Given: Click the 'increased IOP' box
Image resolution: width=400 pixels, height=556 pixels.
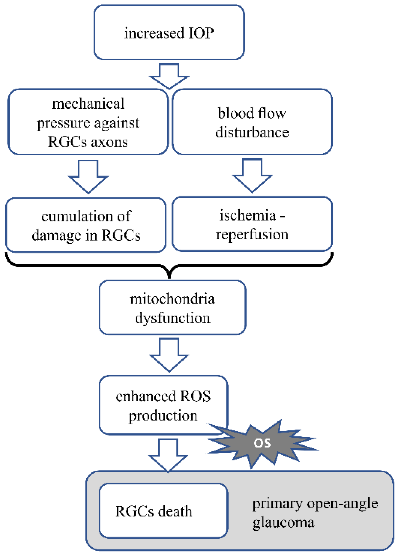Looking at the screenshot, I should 169,32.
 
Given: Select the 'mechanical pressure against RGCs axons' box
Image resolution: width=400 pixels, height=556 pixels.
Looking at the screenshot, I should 88,122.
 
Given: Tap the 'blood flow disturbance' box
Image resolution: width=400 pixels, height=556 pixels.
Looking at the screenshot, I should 252,122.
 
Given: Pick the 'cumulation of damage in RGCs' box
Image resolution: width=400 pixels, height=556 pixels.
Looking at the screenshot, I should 86,225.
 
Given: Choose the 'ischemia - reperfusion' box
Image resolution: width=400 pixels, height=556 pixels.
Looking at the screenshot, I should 252,224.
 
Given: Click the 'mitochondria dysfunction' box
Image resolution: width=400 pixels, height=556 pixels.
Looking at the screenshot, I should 172,308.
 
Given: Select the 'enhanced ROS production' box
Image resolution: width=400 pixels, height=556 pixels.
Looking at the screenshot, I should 163,405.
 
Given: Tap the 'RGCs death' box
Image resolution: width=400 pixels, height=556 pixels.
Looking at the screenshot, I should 163,511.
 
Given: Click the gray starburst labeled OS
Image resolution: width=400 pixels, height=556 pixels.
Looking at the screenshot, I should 262,443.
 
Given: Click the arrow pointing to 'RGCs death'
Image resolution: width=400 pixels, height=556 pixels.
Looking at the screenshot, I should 168,455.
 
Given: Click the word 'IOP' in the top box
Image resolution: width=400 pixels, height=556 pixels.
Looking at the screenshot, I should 201,33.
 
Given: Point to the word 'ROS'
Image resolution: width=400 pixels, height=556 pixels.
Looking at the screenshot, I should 195,396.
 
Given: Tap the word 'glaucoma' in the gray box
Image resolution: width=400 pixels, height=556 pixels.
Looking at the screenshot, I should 283,522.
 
